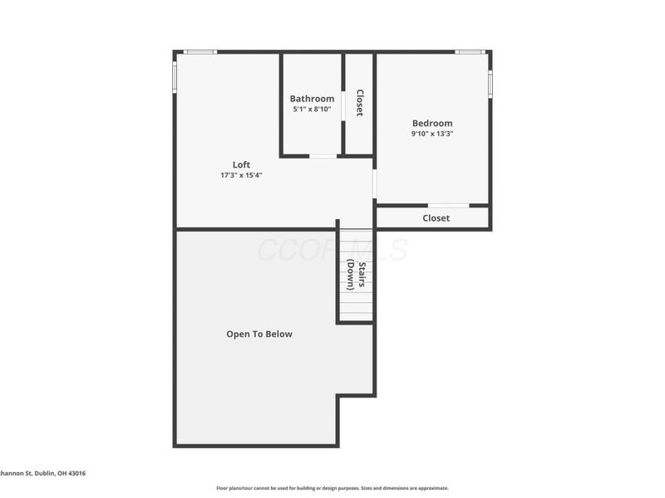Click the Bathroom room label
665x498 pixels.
(x=312, y=99)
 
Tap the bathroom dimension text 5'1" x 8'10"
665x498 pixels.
(x=312, y=110)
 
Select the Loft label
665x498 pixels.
(x=241, y=164)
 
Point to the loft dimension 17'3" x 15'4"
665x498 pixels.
(x=241, y=175)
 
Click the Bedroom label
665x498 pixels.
(x=432, y=124)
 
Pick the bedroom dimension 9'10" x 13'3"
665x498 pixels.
(x=432, y=134)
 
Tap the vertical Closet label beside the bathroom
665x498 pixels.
(x=359, y=102)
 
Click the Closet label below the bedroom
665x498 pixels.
(x=436, y=218)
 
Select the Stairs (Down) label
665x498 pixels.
(x=357, y=276)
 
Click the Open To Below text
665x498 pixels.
(x=259, y=334)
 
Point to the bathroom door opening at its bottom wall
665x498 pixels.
(x=323, y=155)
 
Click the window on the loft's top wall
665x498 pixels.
(x=199, y=52)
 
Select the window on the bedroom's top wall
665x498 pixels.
(x=470, y=52)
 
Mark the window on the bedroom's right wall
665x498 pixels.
(x=490, y=84)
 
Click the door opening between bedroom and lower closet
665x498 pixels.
(x=448, y=205)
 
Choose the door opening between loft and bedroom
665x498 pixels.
(x=374, y=183)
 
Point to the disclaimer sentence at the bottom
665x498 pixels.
(x=332, y=488)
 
